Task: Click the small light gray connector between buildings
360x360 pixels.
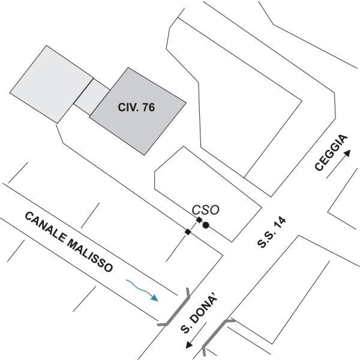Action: (91, 96)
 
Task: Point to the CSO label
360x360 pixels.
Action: (206, 210)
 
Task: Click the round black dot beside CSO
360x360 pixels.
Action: (206, 226)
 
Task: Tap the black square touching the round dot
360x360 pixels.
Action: (199, 221)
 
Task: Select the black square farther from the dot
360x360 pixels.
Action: (188, 232)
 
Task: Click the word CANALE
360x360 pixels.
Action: (45, 227)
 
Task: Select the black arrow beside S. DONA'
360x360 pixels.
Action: (194, 343)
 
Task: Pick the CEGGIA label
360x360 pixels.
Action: (331, 154)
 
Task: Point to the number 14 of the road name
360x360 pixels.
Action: (279, 222)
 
